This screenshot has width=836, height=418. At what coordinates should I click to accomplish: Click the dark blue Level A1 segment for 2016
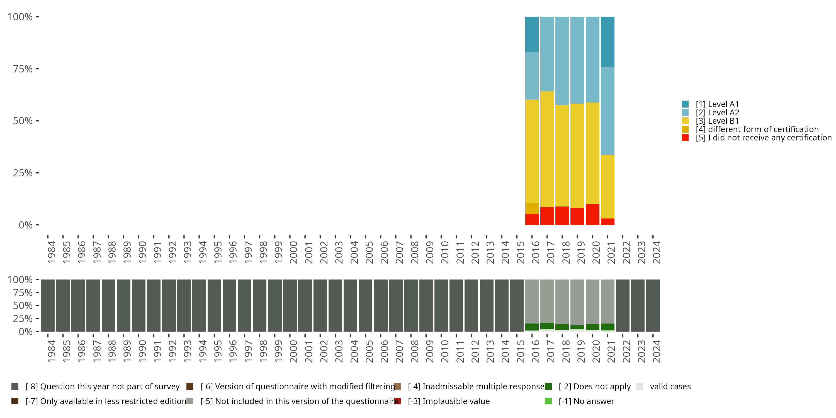[x=532, y=34]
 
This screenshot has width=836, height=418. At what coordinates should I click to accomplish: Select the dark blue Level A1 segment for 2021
[x=607, y=42]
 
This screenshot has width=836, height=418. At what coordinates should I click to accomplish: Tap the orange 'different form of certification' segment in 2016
[x=532, y=208]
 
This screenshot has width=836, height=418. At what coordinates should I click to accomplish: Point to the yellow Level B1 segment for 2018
[x=562, y=155]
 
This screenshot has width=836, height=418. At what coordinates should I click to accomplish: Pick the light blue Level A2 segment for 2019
[x=577, y=60]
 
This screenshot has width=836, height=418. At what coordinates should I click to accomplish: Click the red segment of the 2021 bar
[x=607, y=222]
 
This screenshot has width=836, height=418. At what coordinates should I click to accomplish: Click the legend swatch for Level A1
[x=685, y=104]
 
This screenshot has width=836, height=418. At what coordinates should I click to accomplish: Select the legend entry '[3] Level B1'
[x=717, y=121]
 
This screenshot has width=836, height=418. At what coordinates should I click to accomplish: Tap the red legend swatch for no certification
[x=685, y=138]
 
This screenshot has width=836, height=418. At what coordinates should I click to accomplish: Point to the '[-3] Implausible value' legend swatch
[x=398, y=401]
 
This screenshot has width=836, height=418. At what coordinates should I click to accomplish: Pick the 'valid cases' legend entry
[x=670, y=387]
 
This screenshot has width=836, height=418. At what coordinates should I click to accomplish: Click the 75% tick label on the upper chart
[x=23, y=69]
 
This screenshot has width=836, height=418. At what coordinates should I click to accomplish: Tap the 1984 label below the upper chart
[x=51, y=252]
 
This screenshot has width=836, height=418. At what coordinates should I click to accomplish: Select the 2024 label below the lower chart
[x=656, y=351]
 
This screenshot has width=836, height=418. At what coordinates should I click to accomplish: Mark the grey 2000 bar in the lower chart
[x=290, y=305]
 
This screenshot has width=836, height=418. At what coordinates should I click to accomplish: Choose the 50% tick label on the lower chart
[x=23, y=305]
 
